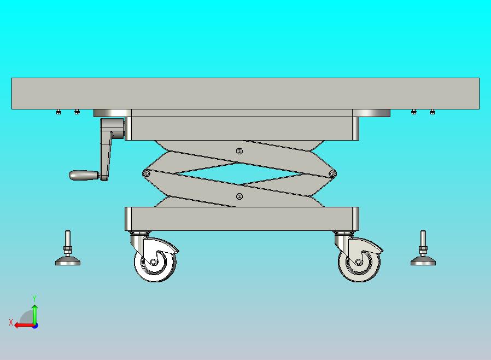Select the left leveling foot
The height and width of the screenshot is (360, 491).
point(68,249)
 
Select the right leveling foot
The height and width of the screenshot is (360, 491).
point(423,249)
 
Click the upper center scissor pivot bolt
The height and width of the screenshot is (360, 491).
point(239,152)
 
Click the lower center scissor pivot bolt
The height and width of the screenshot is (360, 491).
point(239,196)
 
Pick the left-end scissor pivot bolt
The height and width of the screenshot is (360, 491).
point(146,173)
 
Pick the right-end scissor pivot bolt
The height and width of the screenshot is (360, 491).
point(332,173)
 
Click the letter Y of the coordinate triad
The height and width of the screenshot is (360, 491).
point(34,298)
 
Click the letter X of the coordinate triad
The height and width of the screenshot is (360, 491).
point(11,322)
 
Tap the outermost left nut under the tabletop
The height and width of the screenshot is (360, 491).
point(59,112)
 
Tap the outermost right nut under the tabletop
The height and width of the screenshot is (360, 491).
point(432,112)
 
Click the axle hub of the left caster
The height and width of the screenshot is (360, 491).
point(153,262)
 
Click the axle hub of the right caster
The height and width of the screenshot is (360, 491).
point(359,262)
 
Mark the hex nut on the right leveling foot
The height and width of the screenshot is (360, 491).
point(423,250)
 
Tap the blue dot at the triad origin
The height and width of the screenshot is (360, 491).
point(35,326)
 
